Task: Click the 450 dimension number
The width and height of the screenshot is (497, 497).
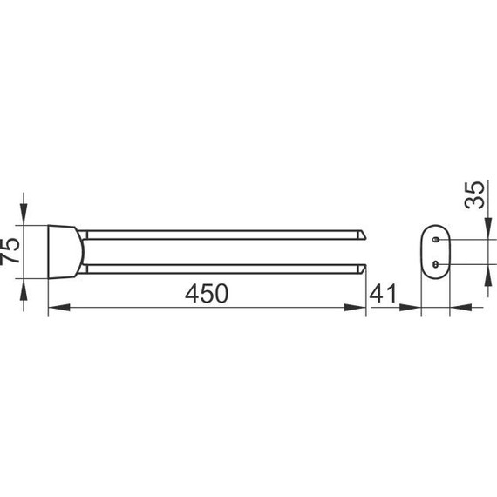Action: pos(207,294)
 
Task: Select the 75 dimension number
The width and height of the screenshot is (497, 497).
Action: pos(10,251)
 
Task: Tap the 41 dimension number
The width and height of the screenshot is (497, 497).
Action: pos(383,294)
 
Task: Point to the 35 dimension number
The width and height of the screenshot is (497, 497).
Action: pos(474,195)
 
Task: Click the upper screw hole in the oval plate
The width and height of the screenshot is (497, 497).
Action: pos(436,240)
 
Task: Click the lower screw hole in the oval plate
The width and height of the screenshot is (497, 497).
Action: pos(436,263)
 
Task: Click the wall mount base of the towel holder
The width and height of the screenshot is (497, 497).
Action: pos(66,252)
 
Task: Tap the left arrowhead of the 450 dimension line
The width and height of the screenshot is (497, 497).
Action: pos(59,307)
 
